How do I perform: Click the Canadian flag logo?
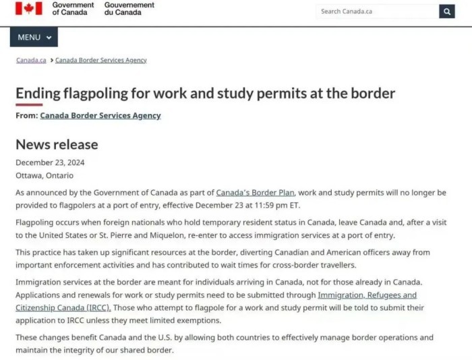[29, 8]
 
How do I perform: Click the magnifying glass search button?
[447, 11]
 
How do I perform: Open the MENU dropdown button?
[34, 37]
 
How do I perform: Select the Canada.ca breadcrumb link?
[31, 60]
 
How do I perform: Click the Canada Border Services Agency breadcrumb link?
[100, 60]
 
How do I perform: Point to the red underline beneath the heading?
[29, 104]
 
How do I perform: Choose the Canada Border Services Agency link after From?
[100, 115]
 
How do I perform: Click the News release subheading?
[57, 144]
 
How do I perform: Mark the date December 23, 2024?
[50, 162]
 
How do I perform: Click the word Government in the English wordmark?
[73, 5]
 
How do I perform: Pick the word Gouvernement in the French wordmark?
[129, 5]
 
